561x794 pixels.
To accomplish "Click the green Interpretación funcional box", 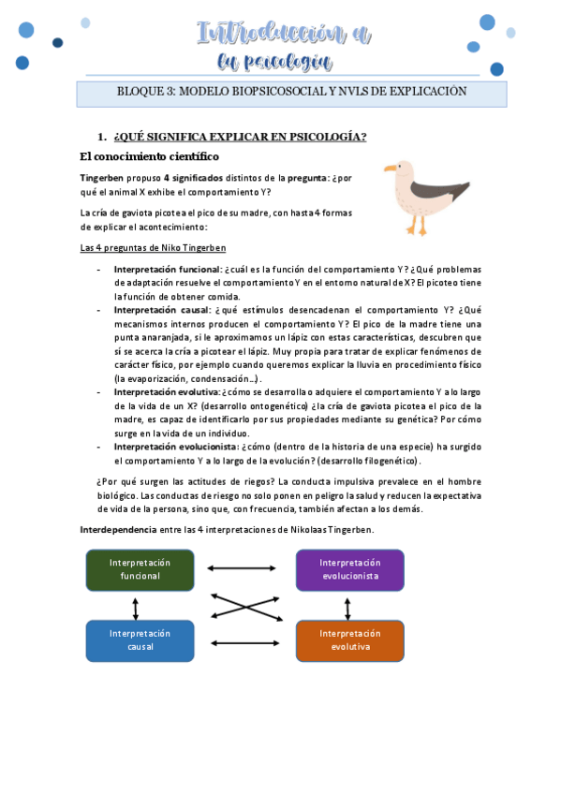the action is (140, 569).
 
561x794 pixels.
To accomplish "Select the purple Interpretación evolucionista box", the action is (349, 569).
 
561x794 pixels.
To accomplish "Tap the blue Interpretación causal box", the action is (140, 640).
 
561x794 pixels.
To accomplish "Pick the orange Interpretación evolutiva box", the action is (349, 640).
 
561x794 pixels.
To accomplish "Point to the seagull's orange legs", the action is (416, 226).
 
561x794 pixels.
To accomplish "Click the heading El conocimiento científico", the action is (149, 156).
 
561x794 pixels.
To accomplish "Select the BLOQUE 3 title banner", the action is (291, 93).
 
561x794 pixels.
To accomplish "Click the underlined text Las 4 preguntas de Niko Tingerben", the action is (153, 248).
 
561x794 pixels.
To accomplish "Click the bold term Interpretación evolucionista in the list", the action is (174, 447).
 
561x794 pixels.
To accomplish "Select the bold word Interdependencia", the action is (118, 530).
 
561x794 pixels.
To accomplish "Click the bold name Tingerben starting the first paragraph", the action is (102, 178).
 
